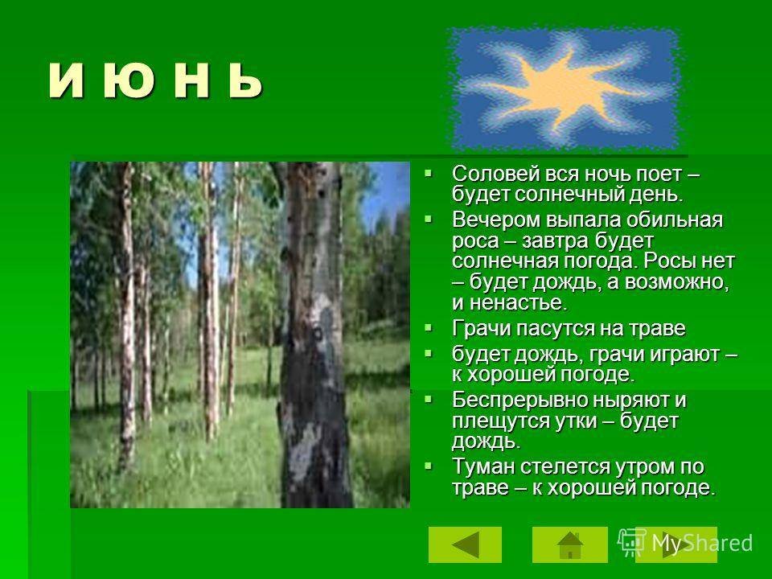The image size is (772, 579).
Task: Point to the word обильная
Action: coord(674,220)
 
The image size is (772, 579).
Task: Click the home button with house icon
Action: coord(569,544)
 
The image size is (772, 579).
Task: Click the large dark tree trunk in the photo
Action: coord(313,335)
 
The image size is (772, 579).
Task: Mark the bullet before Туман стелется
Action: coord(429,466)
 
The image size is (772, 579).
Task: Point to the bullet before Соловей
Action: coord(429,173)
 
